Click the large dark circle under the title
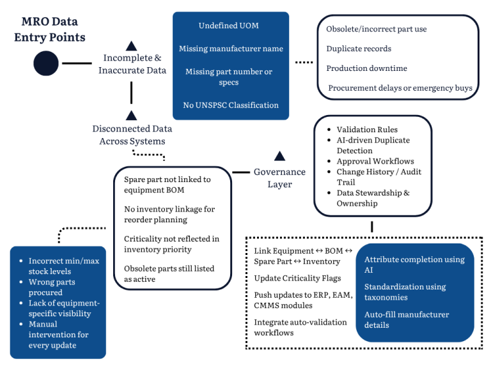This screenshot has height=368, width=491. pos(46,63)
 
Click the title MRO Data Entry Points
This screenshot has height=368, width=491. pos(49,30)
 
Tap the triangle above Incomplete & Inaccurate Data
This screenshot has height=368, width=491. pos(132,45)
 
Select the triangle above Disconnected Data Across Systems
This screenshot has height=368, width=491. pos(132,115)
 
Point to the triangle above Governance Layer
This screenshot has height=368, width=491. pos(279,156)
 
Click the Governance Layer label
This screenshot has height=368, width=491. pos(279,178)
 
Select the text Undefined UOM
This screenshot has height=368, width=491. pos(229,26)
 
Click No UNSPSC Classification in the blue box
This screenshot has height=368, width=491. pos(230,105)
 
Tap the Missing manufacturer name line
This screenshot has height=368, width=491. pos(230,49)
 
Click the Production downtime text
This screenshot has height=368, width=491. pos(366,68)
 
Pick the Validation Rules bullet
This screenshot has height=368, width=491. pos(367,130)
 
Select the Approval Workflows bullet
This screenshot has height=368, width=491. pos(375,162)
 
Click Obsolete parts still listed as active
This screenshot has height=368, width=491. pos(169,273)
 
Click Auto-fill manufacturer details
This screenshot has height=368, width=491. pos(407,319)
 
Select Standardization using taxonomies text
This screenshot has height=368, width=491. pos(405,292)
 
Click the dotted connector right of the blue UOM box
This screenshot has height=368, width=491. pos(304,63)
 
